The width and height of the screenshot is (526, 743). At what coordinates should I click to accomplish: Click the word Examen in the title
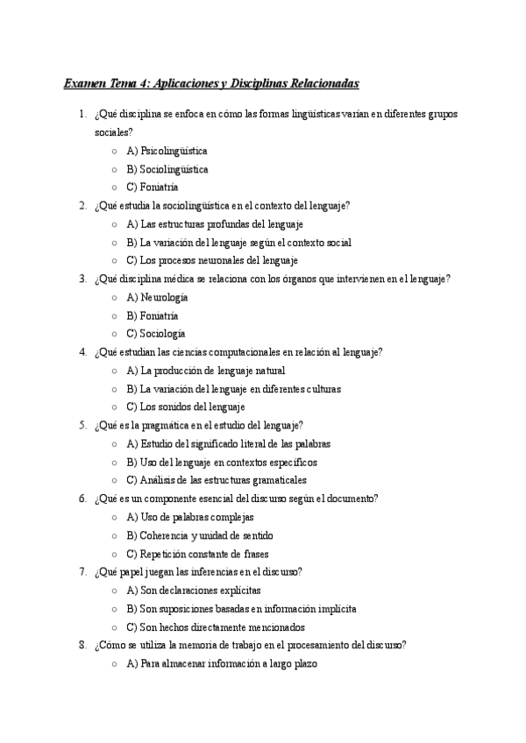(x=82, y=84)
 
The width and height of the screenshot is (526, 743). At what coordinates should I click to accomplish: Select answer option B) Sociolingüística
(x=167, y=169)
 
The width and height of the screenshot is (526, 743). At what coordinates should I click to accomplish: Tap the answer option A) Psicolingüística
(x=167, y=151)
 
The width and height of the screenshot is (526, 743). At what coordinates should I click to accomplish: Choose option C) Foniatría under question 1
(x=153, y=188)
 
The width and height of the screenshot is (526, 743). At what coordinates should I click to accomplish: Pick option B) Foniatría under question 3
(x=153, y=315)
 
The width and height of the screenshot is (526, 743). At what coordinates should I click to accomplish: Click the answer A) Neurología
(x=157, y=297)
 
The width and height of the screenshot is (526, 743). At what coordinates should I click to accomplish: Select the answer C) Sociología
(x=156, y=334)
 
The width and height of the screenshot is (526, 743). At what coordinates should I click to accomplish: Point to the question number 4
(x=82, y=352)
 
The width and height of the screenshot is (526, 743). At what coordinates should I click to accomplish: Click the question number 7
(x=82, y=572)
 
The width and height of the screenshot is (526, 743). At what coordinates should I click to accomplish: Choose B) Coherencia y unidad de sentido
(x=200, y=535)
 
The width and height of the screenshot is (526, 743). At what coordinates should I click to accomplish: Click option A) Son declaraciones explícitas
(x=194, y=591)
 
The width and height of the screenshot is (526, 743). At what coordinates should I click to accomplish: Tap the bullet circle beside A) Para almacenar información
(x=115, y=664)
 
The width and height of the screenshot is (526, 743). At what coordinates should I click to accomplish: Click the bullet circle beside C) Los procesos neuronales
(x=115, y=261)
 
